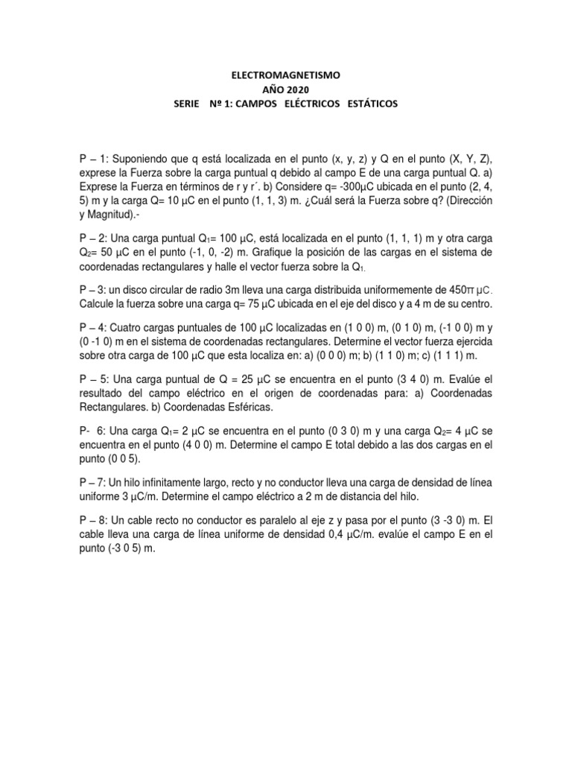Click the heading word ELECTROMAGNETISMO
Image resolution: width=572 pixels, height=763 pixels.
click(x=285, y=75)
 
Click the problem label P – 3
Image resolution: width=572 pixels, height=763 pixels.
click(x=95, y=287)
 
